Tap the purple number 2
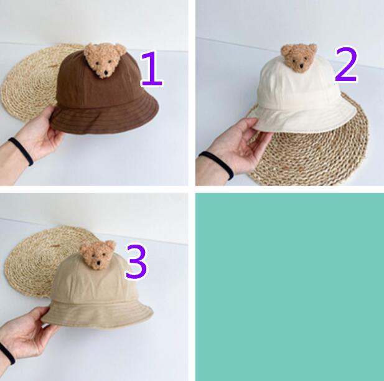(346, 64)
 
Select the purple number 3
(136, 261)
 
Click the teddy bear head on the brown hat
(105, 60)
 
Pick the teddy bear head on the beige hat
(98, 255)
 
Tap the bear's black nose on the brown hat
(106, 72)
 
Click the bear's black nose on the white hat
(301, 65)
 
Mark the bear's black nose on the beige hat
(98, 263)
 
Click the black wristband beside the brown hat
(21, 151)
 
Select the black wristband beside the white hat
(217, 164)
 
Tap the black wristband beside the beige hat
(7, 354)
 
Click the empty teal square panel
(290, 287)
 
